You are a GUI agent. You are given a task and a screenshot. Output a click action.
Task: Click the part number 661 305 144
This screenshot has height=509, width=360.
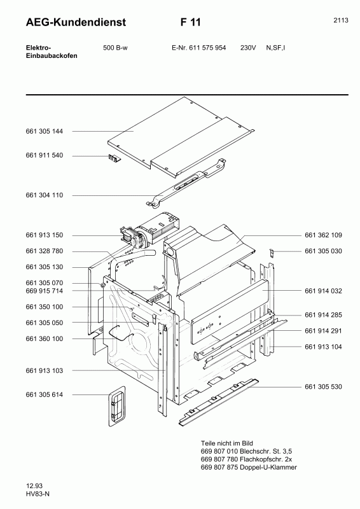coord(44,132)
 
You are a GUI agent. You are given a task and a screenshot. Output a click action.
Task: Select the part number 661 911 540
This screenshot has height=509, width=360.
coord(44,155)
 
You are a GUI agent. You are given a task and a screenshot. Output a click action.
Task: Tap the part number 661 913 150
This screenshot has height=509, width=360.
coord(44,235)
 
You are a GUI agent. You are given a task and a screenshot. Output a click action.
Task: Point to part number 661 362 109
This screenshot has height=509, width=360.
coord(323,235)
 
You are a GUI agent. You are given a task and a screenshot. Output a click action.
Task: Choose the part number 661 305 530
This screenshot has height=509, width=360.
coord(323,387)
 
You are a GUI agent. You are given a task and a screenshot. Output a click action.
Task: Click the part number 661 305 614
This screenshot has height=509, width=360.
coord(44,394)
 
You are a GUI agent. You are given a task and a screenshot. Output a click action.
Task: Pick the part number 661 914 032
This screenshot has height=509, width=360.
coord(323,291)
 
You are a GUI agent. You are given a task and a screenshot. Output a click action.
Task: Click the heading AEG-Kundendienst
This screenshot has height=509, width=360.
coord(76,22)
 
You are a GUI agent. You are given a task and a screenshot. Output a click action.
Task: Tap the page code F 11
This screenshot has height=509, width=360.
coord(191,22)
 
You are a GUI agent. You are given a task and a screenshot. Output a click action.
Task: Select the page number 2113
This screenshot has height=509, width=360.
coord(341,20)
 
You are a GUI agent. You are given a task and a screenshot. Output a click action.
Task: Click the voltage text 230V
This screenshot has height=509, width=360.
coord(248,48)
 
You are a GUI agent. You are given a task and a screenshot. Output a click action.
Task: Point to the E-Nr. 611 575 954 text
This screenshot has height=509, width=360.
coord(198,48)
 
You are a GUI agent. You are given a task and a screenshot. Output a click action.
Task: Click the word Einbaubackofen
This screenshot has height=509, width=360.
coord(52,56)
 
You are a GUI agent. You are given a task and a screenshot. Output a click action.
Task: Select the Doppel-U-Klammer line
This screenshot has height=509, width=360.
coord(249,468)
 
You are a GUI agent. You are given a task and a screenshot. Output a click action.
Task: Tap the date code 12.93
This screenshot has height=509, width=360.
coord(34,486)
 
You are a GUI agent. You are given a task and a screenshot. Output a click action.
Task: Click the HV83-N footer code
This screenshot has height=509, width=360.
coord(38,494)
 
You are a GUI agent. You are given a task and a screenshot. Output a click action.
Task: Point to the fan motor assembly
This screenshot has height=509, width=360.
coord(149,230)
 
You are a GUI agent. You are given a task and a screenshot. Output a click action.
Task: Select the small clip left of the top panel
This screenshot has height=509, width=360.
coord(114,157)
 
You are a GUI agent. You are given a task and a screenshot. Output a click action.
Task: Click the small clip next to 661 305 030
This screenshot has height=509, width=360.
coord(272,252)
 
